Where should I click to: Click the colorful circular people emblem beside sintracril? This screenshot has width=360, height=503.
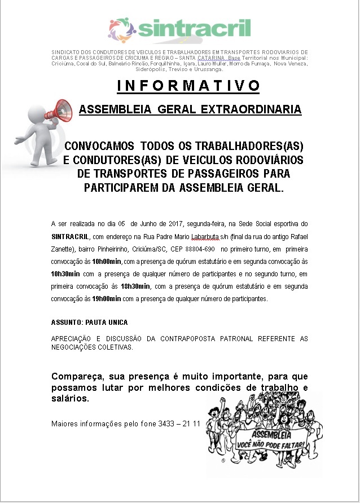click(x=122, y=30)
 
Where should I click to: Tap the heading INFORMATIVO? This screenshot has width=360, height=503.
click(x=188, y=86)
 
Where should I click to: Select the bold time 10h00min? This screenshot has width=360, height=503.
click(x=107, y=262)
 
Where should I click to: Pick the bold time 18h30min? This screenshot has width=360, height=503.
click(x=135, y=286)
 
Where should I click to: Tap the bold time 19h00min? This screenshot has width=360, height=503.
click(x=107, y=299)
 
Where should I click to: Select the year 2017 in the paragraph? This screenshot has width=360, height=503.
click(x=167, y=224)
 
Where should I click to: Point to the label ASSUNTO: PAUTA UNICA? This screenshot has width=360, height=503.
click(x=89, y=323)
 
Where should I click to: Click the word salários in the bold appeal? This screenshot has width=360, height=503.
click(x=70, y=399)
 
